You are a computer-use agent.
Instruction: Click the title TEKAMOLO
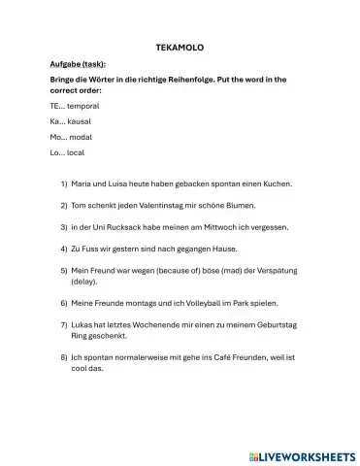pos(180,46)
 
